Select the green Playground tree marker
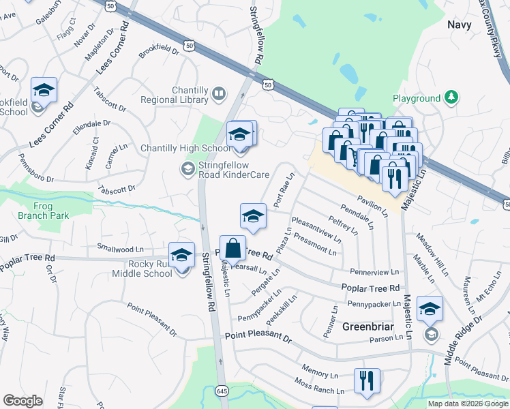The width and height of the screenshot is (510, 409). click(x=450, y=98)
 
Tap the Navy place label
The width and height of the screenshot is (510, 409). click(x=460, y=25)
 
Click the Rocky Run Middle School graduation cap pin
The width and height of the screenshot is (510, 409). click(x=181, y=255)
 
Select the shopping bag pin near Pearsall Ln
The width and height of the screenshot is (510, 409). click(x=232, y=248)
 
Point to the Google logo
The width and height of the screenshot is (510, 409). click(x=22, y=401)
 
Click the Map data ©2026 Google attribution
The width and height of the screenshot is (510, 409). click(x=468, y=404)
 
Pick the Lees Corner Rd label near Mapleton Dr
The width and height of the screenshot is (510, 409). click(x=112, y=48)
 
